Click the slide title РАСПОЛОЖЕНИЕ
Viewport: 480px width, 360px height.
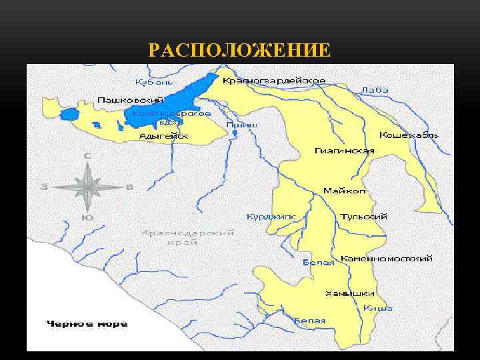[240, 50]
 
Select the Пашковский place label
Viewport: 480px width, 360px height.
[124, 99]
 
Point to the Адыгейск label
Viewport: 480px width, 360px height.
[164, 136]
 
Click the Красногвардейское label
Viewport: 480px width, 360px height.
[274, 81]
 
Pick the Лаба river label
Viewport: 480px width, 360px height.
[375, 90]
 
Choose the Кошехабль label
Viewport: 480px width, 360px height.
[409, 135]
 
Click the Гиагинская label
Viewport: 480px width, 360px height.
[345, 151]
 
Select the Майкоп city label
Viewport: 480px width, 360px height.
[345, 191]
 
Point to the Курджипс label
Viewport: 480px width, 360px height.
[272, 217]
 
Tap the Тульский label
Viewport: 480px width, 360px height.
[363, 217]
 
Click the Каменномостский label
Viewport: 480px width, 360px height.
[387, 258]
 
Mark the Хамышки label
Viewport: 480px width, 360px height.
[349, 293]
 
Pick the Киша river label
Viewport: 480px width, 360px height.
[378, 308]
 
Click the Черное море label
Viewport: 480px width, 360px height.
[87, 324]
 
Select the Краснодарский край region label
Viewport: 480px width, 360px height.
[189, 238]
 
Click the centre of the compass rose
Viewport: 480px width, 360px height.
[87, 187]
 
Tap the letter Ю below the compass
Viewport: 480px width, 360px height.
[87, 218]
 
